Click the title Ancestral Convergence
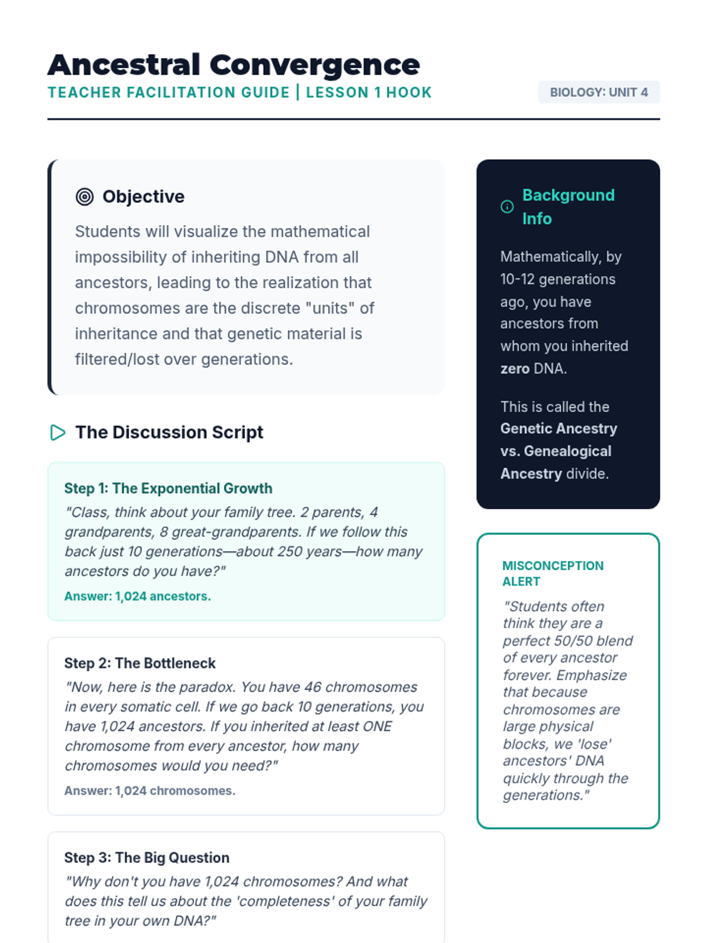click(x=233, y=65)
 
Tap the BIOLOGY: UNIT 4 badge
click(x=599, y=93)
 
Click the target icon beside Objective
click(x=85, y=197)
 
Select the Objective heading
click(x=143, y=197)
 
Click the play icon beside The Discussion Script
click(x=58, y=433)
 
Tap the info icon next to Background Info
click(x=507, y=207)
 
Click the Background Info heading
click(x=568, y=207)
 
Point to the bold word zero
click(x=514, y=369)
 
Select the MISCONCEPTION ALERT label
click(x=553, y=573)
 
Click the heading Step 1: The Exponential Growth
click(x=168, y=489)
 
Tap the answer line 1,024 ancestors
click(x=137, y=596)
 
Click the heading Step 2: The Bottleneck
click(x=140, y=664)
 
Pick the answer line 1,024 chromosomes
click(x=150, y=791)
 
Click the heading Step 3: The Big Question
click(x=147, y=858)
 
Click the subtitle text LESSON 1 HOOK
click(x=369, y=93)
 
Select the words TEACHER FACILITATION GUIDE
click(x=169, y=93)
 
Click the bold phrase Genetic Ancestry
click(x=559, y=429)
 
